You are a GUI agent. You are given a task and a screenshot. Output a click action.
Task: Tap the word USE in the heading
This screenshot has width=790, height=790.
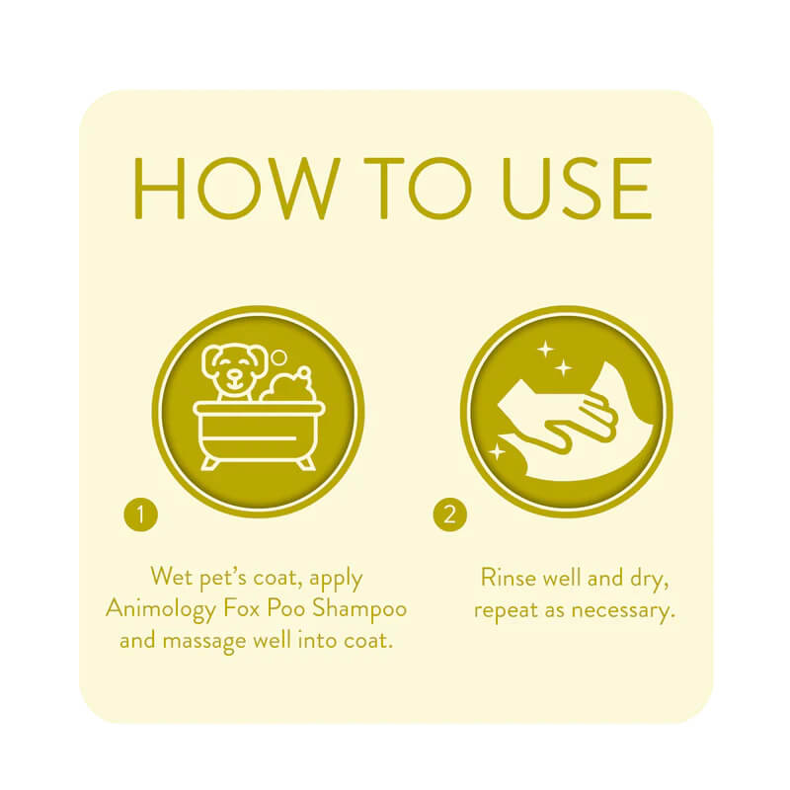(565, 189)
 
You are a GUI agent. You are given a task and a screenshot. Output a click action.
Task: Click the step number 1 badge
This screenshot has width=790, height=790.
(141, 513)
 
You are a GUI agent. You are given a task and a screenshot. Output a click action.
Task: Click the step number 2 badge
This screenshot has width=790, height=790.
(450, 513)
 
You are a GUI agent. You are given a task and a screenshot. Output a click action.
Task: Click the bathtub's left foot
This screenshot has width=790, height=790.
(210, 460)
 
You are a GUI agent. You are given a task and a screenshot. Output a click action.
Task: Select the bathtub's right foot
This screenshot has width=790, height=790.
(305, 460)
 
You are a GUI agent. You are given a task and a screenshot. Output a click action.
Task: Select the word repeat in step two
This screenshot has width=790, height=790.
(505, 610)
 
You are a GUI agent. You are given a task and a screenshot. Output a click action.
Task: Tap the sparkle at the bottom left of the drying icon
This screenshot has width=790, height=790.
(497, 451)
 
